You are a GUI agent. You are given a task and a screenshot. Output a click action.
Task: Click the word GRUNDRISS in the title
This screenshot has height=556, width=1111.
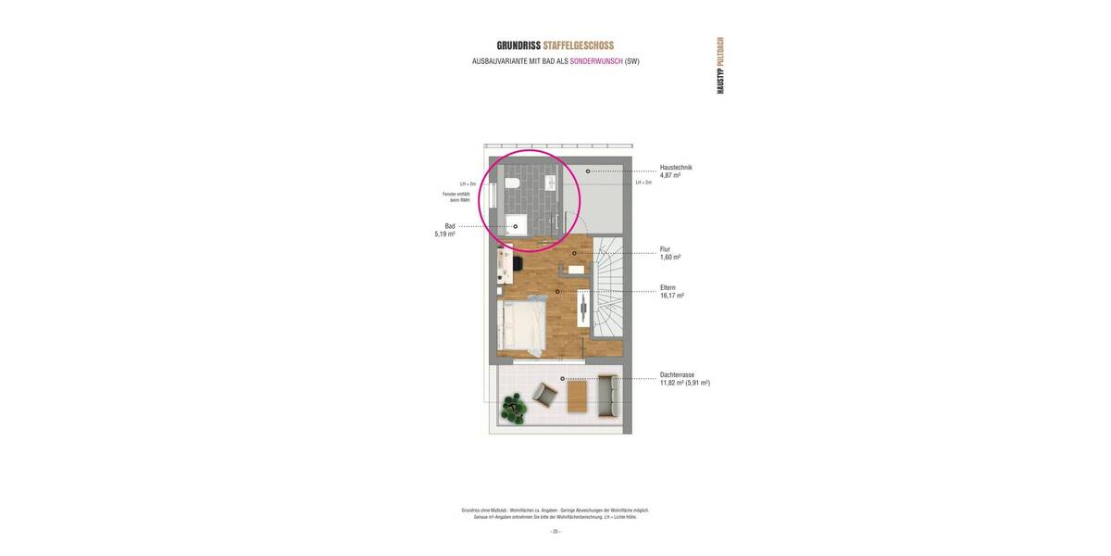click(518, 45)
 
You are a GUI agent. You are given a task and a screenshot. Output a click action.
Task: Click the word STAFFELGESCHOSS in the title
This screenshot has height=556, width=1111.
click(579, 45)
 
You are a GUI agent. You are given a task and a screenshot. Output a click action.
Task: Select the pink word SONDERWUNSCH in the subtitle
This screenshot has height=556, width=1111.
click(596, 61)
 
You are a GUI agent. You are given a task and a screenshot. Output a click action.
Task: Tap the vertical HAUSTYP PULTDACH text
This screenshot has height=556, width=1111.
click(720, 66)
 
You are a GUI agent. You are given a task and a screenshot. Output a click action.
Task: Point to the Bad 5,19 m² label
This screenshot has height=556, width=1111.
click(446, 230)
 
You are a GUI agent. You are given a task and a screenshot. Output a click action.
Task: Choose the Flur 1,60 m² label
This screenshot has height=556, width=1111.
click(670, 253)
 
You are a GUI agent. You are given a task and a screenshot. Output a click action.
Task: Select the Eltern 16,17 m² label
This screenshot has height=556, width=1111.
click(671, 291)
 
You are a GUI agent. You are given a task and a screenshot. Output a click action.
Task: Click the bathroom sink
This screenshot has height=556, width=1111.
click(551, 183)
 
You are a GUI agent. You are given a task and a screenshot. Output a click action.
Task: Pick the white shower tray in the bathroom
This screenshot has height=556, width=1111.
click(516, 225)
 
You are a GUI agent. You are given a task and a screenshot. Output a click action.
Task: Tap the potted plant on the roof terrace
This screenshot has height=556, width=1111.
click(513, 406)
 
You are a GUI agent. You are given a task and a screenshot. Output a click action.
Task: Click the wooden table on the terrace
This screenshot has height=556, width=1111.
click(577, 398)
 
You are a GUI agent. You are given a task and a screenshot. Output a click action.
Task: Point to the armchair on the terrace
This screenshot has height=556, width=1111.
click(545, 396)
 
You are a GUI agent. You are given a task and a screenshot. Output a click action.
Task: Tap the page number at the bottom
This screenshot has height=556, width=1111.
click(555, 532)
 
